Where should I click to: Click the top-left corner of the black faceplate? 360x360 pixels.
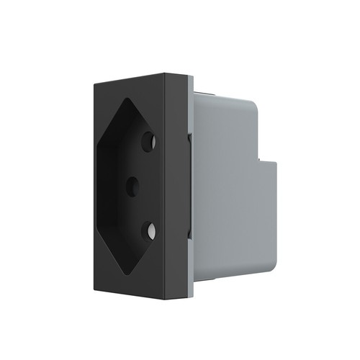[92, 85]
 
